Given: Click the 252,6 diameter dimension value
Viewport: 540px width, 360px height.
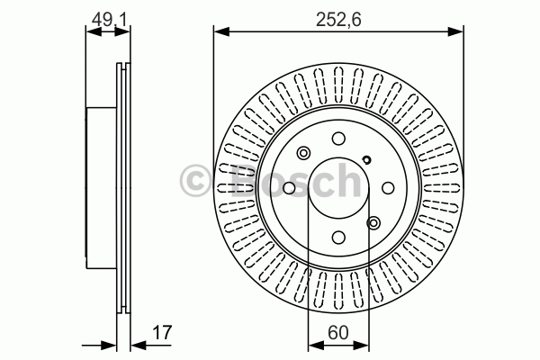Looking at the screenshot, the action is click(338, 20).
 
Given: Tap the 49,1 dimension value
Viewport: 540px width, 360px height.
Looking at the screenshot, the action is click(107, 20).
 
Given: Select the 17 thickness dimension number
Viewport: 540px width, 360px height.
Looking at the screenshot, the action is click(161, 332).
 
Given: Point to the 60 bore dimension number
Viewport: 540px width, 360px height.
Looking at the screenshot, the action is click(338, 332).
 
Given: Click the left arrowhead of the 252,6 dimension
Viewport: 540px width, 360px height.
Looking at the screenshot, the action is click(221, 32).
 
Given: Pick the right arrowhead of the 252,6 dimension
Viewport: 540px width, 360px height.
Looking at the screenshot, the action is click(455, 32).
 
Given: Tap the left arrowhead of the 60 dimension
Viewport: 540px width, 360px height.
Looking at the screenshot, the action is click(316, 345).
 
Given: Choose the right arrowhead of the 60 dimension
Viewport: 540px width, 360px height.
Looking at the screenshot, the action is click(361, 345).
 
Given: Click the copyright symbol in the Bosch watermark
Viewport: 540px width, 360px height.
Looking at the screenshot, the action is click(195, 180).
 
